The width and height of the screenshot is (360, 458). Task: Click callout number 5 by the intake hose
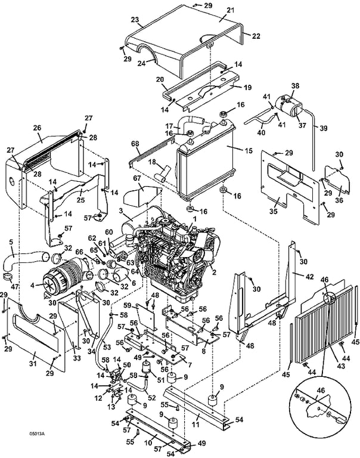[x=11, y=242]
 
